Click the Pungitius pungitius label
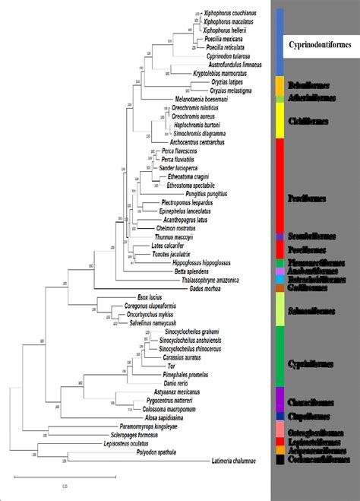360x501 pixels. click(x=205, y=194)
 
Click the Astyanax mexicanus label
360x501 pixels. click(x=166, y=392)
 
